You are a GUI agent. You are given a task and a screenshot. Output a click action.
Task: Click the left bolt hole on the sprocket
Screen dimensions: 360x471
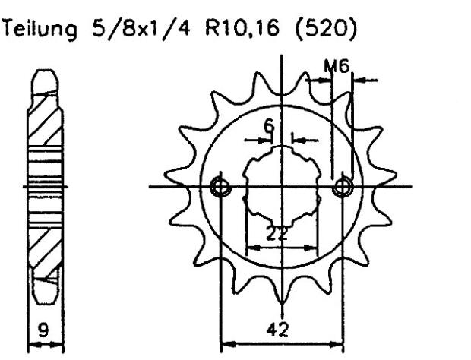tap(220, 186)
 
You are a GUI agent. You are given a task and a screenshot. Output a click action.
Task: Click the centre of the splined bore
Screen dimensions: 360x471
tap(282, 186)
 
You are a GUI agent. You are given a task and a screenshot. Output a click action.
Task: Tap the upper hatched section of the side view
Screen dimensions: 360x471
tap(43, 122)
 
